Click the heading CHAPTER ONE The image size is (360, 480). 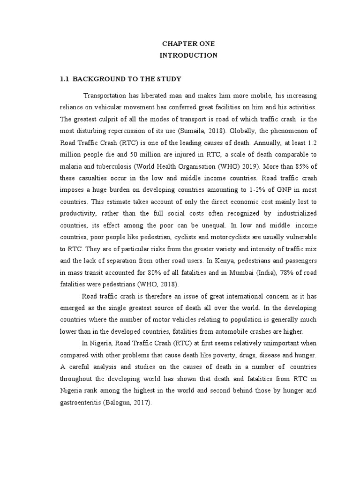(x=188, y=44)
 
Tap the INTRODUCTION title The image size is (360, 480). (x=188, y=55)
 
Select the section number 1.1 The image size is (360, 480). (x=64, y=79)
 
